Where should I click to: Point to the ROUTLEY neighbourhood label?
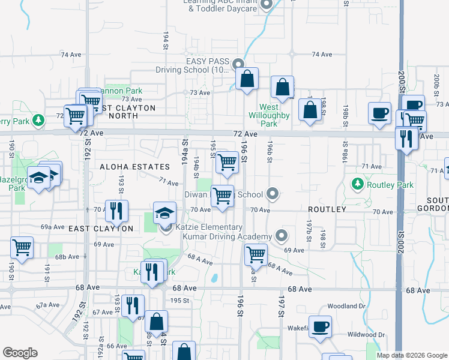click(x=327, y=209)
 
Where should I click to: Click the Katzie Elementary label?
click(x=209, y=227)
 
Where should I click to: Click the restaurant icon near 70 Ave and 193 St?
click(x=116, y=211)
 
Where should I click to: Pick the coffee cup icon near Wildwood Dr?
click(x=320, y=326)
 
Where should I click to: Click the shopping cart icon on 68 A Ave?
click(x=256, y=254)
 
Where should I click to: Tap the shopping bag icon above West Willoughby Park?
click(x=282, y=88)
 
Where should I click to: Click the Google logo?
click(x=20, y=353)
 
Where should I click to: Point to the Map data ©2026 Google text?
click(x=411, y=355)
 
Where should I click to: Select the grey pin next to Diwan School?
click(x=273, y=193)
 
